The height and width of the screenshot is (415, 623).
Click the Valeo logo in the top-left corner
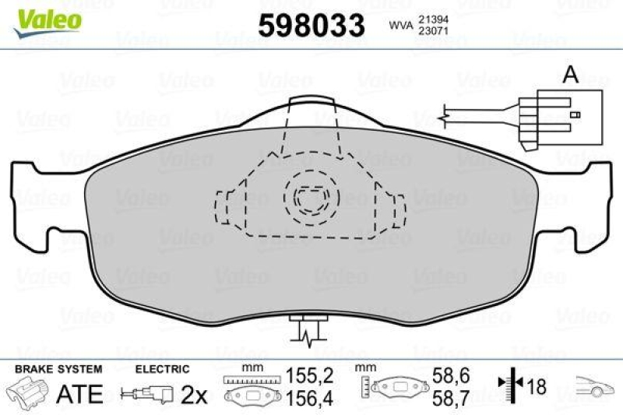(x=49, y=18)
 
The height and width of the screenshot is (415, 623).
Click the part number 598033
(x=311, y=26)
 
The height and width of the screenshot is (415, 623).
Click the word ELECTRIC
(x=163, y=369)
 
